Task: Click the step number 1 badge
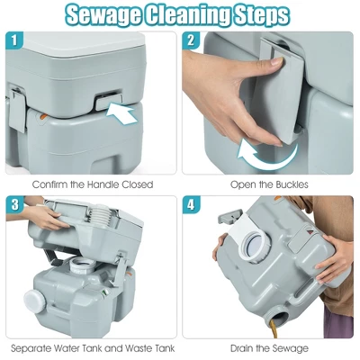point(14,40)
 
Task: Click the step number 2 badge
point(191,40)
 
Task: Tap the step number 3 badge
point(14,205)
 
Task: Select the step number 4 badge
point(191,205)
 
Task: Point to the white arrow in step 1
point(121,113)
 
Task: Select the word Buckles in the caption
point(290,184)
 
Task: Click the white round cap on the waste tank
point(34,301)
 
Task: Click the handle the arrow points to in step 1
point(109,101)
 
